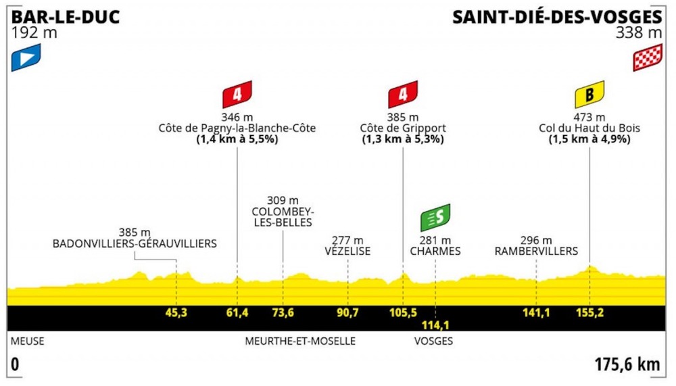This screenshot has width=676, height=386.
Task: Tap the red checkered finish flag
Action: (648, 58)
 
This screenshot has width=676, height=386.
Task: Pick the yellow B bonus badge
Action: (589, 94)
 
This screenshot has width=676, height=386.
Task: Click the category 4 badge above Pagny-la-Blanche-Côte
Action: (237, 94)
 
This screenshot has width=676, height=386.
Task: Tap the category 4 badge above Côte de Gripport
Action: (403, 94)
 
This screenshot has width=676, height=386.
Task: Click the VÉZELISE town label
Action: (348, 251)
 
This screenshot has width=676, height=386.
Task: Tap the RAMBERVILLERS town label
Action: (537, 251)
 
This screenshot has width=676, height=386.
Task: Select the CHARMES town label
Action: (435, 251)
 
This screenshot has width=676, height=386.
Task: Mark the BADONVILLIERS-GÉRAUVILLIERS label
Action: (135, 243)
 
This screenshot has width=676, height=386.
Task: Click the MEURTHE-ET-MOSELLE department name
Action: (301, 341)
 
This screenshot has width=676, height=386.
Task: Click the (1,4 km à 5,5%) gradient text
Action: (237, 140)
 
